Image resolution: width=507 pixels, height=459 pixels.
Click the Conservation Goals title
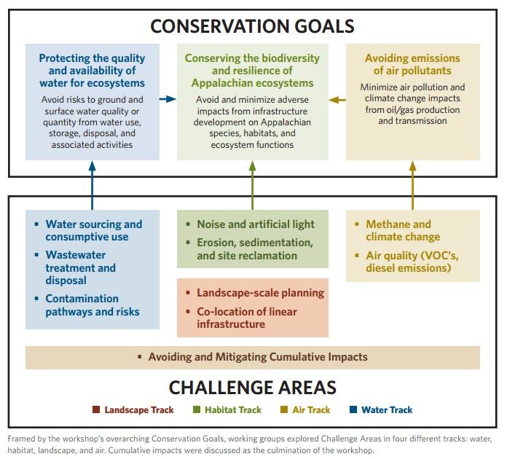(x=252, y=26)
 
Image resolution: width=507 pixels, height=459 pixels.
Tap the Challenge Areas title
(x=253, y=387)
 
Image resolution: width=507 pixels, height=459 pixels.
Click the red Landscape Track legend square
(x=96, y=409)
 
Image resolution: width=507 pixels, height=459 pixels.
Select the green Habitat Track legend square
(x=196, y=409)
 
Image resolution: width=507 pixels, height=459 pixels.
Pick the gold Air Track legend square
(x=284, y=409)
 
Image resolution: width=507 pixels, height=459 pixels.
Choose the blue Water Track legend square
(x=353, y=409)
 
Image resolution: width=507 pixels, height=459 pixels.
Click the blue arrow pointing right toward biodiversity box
(x=168, y=99)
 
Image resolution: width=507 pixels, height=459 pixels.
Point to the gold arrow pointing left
(x=337, y=100)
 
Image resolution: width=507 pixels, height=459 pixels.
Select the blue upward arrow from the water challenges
(x=93, y=185)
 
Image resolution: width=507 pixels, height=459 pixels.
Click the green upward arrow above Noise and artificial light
(x=253, y=185)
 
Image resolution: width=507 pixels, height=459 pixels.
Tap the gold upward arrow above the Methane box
(x=412, y=185)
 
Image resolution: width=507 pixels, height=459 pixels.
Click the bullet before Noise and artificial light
(x=188, y=224)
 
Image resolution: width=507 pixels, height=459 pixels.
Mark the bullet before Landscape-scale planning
(x=188, y=293)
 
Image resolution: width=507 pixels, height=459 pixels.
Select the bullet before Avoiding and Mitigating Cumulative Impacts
(x=140, y=357)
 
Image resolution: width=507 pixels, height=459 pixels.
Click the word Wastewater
(x=76, y=255)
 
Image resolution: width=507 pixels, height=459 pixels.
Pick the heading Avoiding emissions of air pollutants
(x=412, y=64)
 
